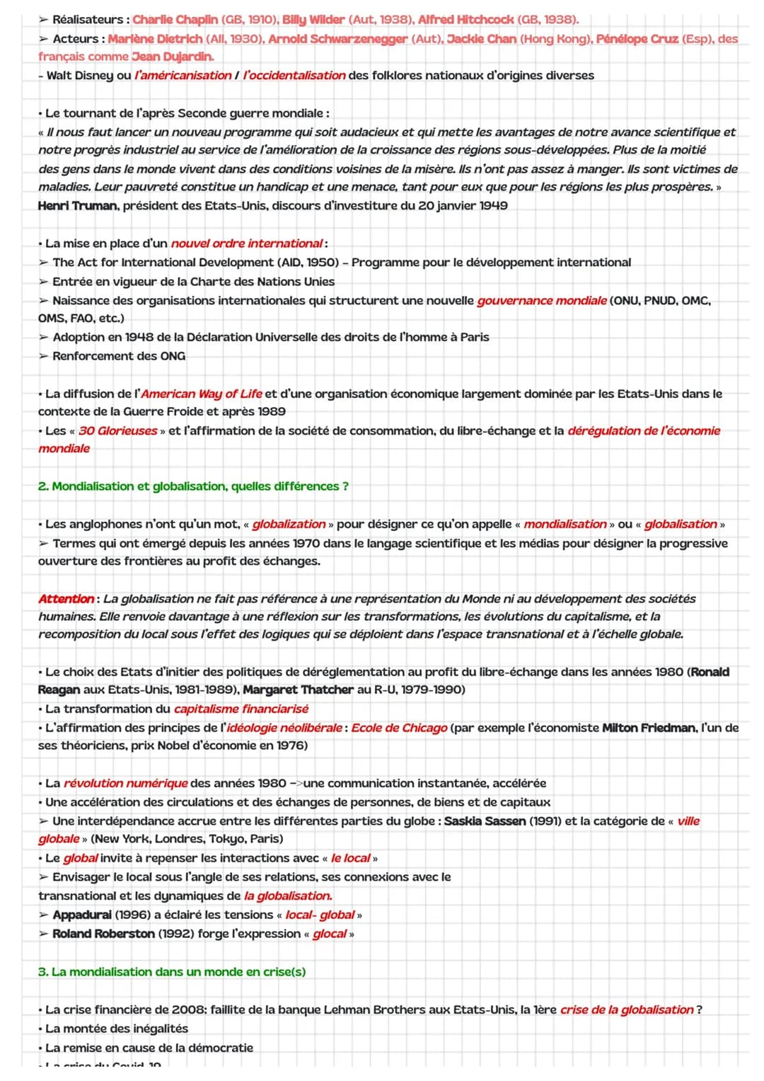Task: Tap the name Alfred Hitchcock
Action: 466,19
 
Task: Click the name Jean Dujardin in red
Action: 173,56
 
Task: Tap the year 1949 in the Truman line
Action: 492,205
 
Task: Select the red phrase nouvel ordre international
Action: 246,244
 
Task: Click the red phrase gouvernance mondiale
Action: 542,300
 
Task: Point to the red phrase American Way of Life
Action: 202,394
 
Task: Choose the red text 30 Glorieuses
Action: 118,430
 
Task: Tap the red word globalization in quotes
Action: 289,524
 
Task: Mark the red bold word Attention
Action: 66,599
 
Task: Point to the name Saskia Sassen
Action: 485,821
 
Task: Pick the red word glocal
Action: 330,934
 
